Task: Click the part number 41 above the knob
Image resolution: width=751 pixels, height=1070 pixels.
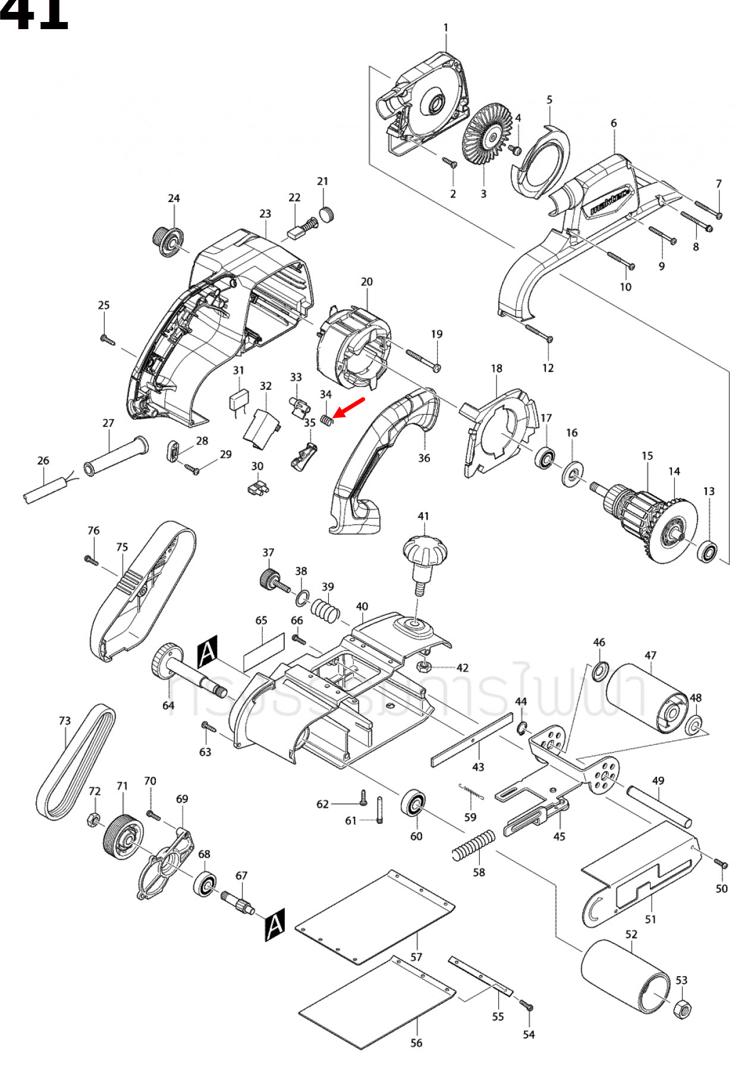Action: coord(423,516)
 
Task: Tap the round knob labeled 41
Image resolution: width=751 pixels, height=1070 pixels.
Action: coord(425,552)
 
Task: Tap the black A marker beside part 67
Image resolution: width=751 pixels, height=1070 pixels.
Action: coord(275,924)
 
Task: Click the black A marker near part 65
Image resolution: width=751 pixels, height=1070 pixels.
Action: coord(208,652)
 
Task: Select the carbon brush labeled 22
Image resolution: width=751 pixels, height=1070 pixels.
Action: coord(294,234)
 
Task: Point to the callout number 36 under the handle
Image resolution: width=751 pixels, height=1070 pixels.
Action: coord(423,458)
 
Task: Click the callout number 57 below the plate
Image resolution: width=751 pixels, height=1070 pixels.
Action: coord(416,957)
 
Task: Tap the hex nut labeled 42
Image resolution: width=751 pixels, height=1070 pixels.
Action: coord(423,665)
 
